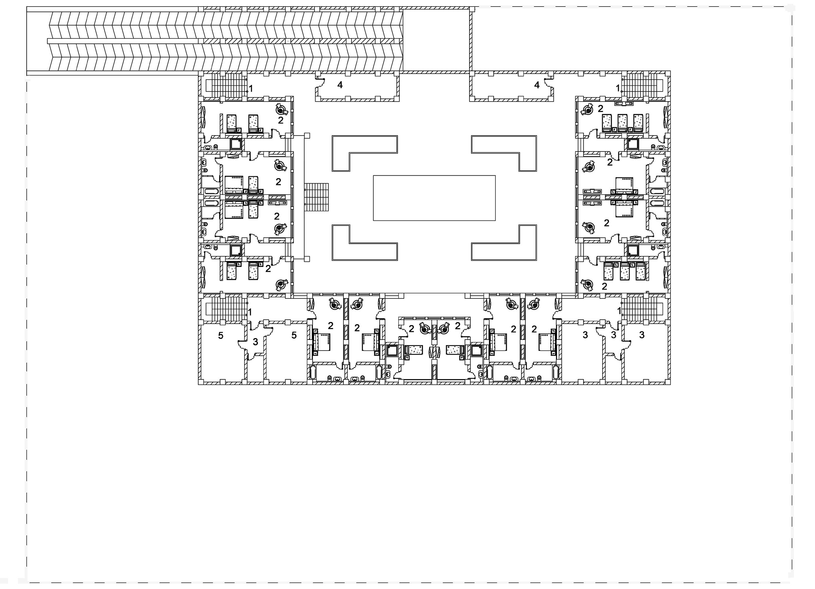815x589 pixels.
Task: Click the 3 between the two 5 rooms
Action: click(256, 342)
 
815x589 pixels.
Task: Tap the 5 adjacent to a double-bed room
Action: click(294, 335)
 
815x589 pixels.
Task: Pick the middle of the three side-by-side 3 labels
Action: click(613, 335)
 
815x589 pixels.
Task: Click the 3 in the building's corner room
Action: click(642, 335)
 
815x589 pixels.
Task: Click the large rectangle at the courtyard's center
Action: click(434, 198)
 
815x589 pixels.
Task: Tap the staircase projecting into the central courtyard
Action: click(316, 197)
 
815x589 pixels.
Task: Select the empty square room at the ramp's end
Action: click(436, 40)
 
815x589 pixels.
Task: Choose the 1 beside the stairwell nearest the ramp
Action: click(251, 88)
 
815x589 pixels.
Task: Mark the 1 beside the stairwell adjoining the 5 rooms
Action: click(250, 312)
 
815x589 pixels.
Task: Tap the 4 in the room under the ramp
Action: click(340, 85)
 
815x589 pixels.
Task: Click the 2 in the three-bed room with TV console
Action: click(600, 109)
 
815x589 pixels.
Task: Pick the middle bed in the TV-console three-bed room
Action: click(622, 123)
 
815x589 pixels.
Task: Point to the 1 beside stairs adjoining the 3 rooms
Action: click(619, 311)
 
